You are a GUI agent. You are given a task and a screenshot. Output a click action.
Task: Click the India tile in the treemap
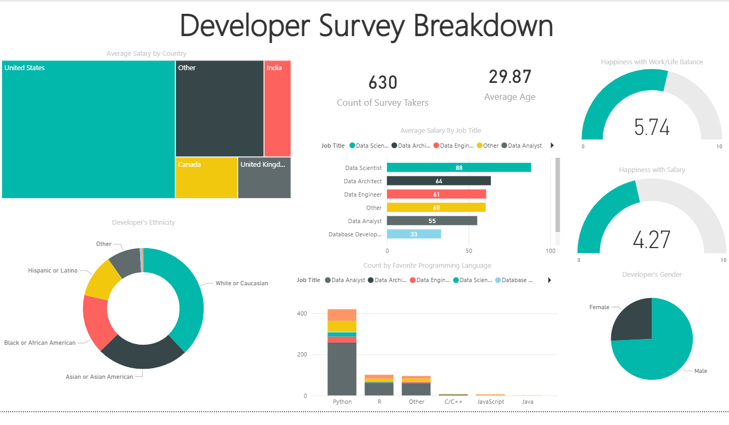[x=277, y=109]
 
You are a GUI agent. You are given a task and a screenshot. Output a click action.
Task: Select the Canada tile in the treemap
[x=206, y=178]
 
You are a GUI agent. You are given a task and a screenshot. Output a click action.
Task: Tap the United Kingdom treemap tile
[x=264, y=178]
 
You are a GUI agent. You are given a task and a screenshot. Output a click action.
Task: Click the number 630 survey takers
[x=383, y=83]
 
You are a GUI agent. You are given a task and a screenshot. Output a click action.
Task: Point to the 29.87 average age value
[x=510, y=77]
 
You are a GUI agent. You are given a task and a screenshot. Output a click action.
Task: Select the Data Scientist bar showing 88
[x=459, y=168]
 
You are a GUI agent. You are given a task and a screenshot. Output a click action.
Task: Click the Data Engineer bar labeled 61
[x=436, y=194]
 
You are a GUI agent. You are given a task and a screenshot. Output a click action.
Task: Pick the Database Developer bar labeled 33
[x=414, y=234]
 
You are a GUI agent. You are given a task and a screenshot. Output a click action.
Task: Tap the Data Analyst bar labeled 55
[x=432, y=221]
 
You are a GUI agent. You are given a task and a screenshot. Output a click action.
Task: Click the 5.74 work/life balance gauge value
[x=652, y=127]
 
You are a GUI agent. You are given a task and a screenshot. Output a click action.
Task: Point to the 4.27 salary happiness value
[x=652, y=240]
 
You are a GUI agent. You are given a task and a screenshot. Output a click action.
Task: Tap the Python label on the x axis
[x=342, y=402]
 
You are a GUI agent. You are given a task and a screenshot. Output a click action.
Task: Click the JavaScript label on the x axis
[x=490, y=402]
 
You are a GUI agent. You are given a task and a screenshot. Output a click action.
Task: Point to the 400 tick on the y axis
[x=301, y=313]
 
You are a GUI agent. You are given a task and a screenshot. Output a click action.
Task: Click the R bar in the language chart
[x=379, y=385]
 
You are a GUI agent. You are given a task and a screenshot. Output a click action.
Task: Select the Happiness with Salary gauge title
[x=652, y=170]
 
